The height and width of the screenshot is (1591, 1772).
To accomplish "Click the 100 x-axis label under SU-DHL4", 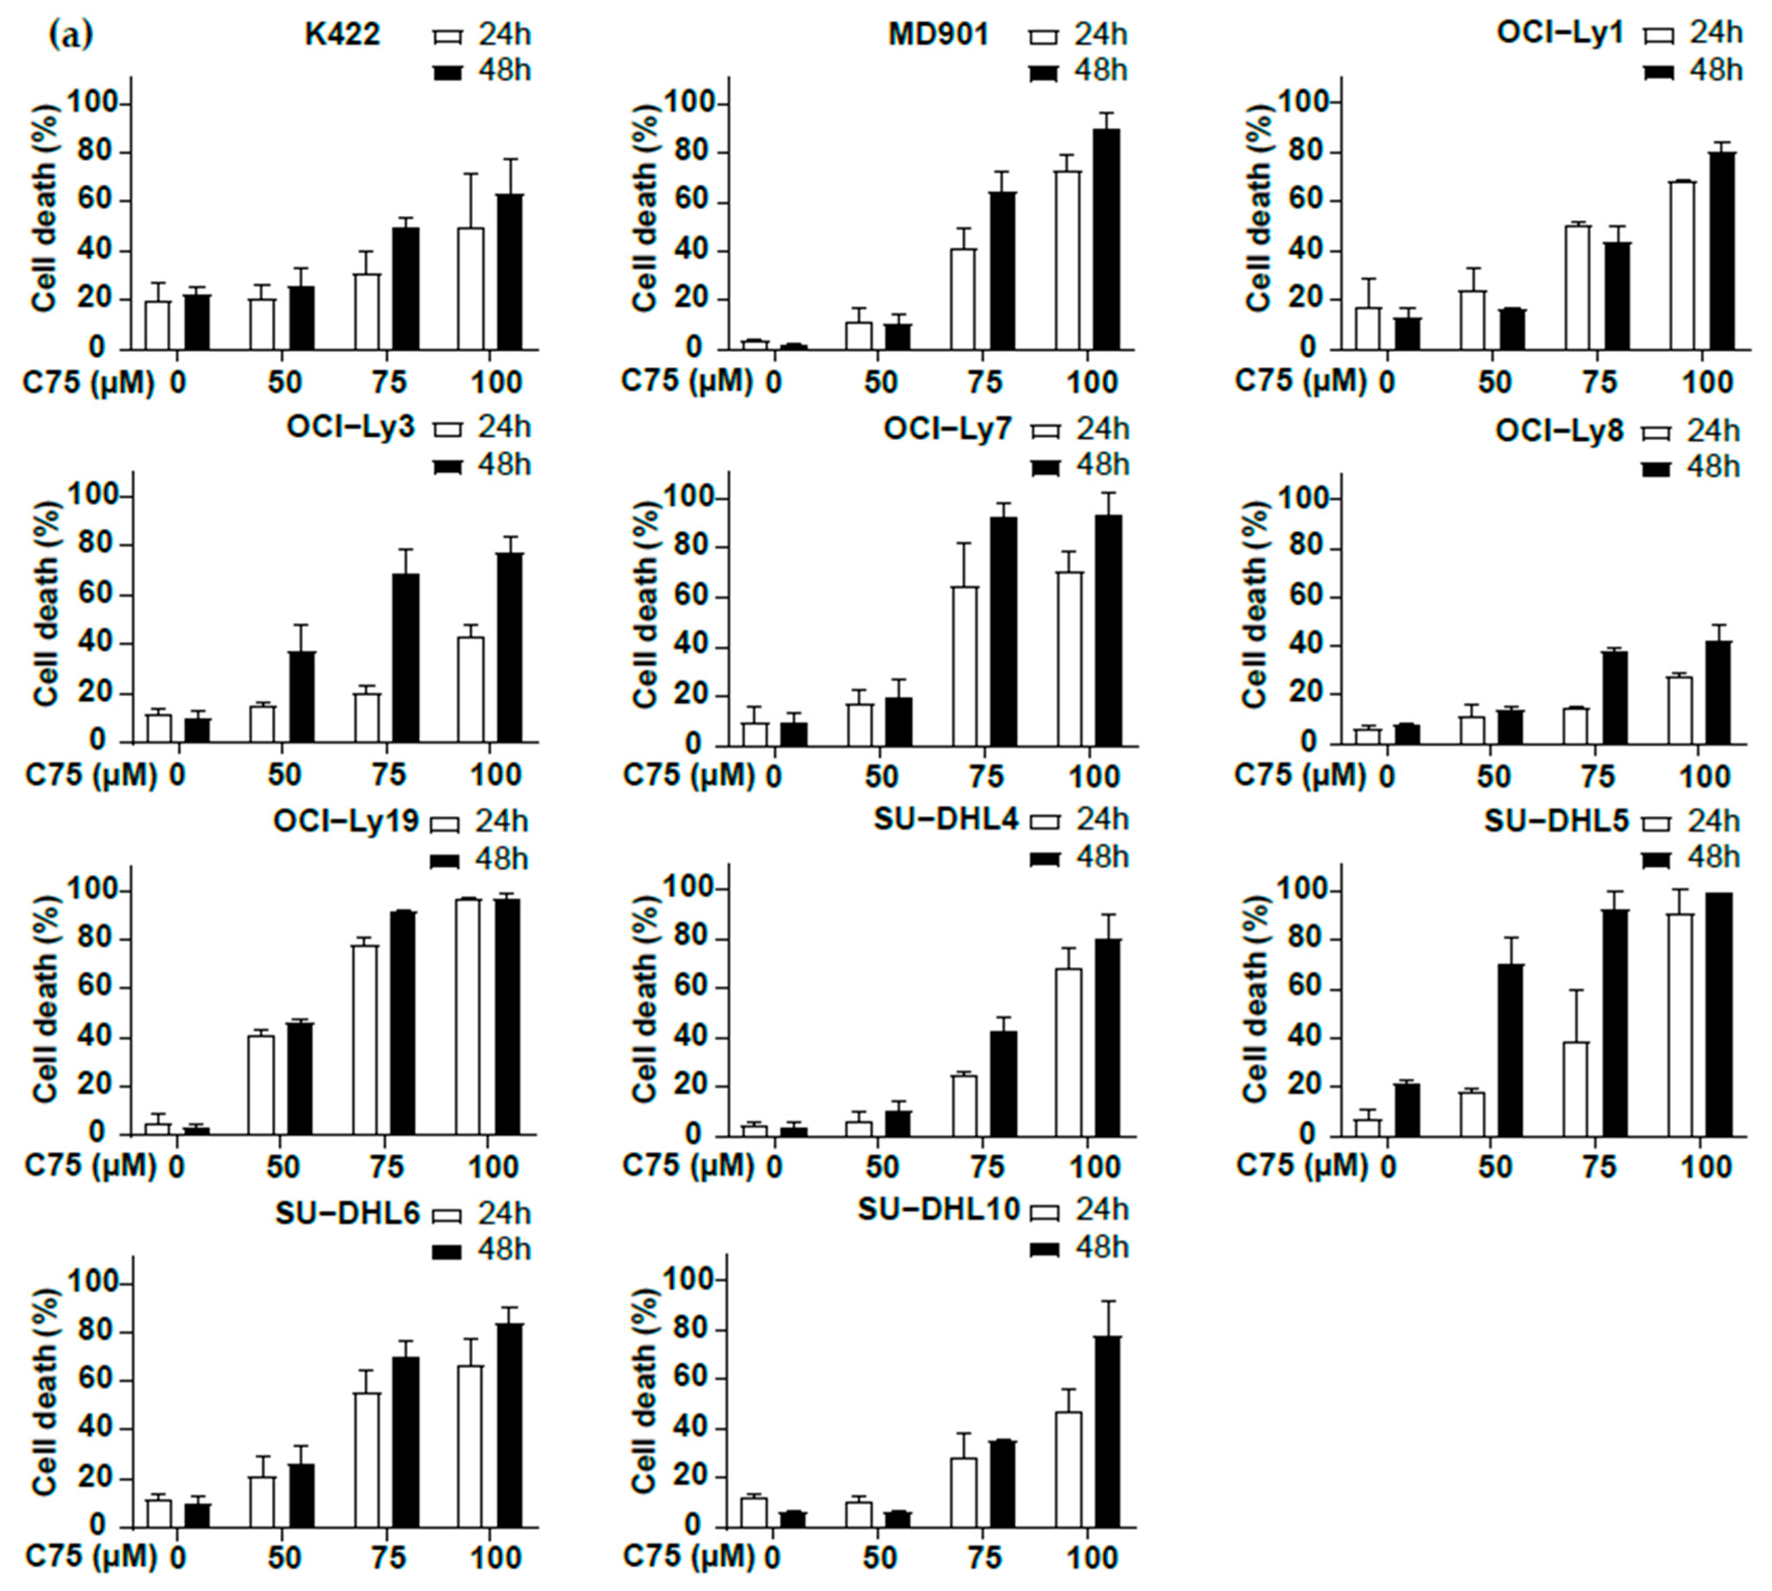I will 1093,1167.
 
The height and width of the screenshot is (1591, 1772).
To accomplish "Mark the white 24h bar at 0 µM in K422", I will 157,325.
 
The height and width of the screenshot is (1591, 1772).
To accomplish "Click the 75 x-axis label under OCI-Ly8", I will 1600,776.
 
